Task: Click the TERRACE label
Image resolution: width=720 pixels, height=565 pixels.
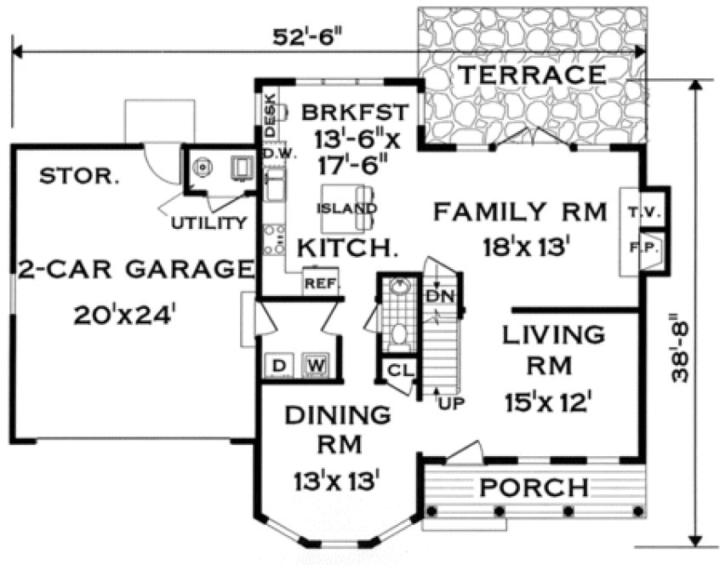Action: tap(532, 75)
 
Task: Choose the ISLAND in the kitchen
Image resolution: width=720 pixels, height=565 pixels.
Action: tap(346, 208)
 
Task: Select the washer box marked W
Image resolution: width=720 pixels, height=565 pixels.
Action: tap(314, 366)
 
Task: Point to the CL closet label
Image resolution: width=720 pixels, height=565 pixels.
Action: tap(397, 371)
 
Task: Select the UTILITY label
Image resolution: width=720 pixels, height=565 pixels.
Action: tap(209, 223)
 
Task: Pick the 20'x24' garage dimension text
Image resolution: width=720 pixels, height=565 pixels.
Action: tap(124, 314)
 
